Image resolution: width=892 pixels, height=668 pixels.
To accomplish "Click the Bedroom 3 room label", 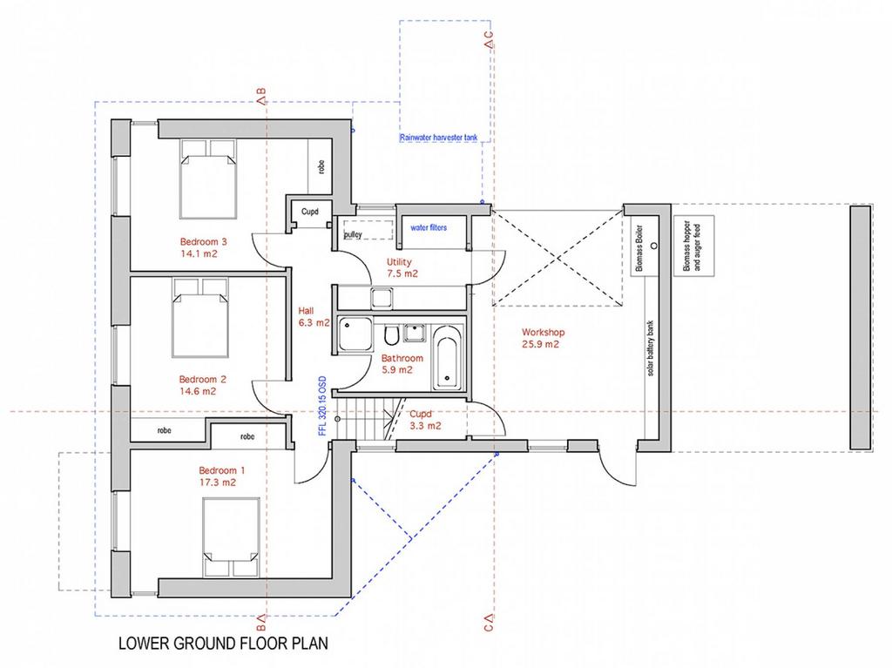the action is coord(204,247).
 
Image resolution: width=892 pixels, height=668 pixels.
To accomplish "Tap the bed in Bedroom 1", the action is coord(231,537).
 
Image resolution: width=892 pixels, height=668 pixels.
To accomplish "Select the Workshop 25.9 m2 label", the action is coord(543,338).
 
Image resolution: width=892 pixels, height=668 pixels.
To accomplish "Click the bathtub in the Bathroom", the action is coord(446,357).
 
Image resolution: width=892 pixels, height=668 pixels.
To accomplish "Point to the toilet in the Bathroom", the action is coord(391,335).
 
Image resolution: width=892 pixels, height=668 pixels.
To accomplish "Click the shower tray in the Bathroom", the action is coord(355,334).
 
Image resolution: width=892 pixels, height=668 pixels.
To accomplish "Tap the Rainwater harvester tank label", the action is coord(439,138).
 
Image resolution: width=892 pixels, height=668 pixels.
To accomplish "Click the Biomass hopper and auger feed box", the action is coord(694,246).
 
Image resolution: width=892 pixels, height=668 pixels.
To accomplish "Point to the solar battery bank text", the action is coord(650,348).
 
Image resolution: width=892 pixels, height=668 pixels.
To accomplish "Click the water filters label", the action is coord(429,227).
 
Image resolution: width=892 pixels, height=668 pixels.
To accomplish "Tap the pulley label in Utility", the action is coord(353,234).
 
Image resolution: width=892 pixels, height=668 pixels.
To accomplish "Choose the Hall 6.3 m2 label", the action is coord(314,317).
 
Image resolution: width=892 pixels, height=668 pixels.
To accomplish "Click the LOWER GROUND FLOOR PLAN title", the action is coord(223,644).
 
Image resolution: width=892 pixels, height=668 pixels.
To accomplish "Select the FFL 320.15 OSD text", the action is coord(322,405).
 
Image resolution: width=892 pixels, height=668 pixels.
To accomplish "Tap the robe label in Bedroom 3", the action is coord(321,166).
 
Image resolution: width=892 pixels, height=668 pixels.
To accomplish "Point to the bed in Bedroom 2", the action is coord(200,318).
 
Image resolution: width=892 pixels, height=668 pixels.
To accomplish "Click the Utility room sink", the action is coord(382,298).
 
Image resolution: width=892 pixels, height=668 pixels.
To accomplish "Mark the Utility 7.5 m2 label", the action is coord(402,267).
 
